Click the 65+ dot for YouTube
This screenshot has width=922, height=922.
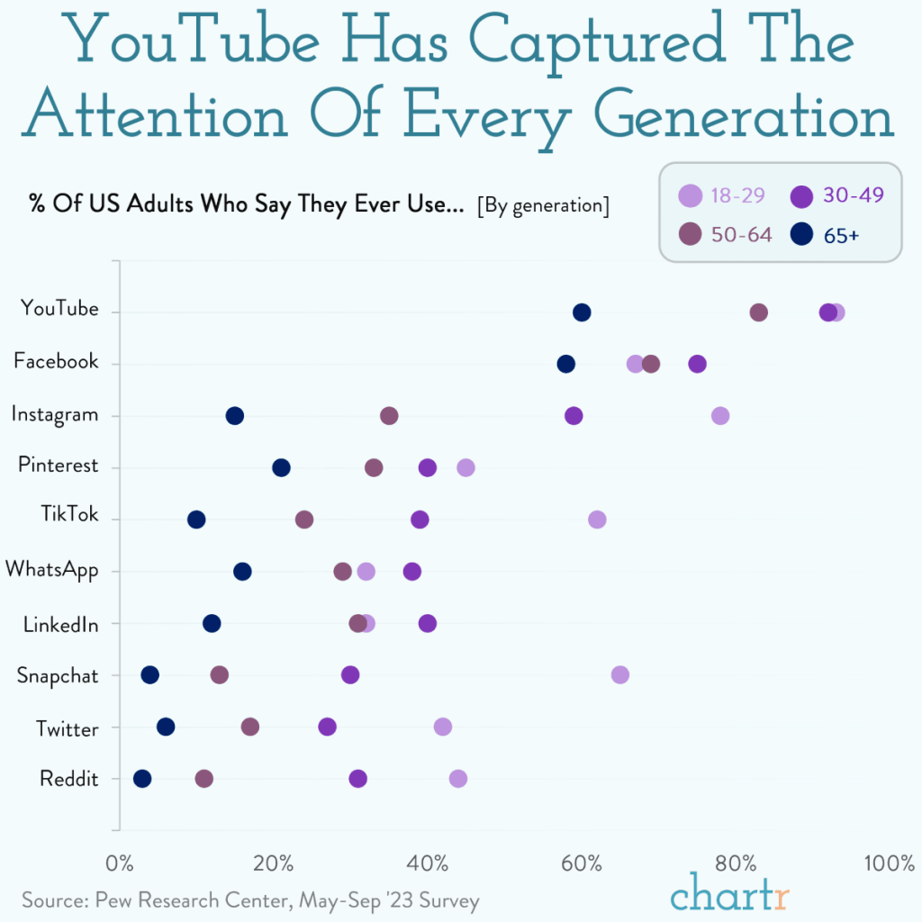coord(582,312)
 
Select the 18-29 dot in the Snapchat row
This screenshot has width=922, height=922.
coord(619,675)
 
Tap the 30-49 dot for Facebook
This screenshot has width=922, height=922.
coord(697,364)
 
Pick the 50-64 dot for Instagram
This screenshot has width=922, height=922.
coord(389,415)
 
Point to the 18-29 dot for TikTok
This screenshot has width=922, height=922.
coord(597,520)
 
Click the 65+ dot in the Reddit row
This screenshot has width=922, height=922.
coord(142,779)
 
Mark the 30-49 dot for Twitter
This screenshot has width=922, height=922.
coord(327,727)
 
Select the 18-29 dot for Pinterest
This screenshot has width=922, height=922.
coord(466,467)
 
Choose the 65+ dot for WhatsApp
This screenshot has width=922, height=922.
coord(242,572)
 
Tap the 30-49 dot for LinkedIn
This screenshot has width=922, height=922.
coord(428,623)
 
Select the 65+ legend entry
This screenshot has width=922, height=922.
coord(827,235)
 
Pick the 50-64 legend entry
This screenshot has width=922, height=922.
coord(726,235)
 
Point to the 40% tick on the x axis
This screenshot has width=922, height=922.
coord(428,863)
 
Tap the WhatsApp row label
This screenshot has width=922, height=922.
coord(51,571)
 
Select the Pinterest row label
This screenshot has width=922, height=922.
coord(58,466)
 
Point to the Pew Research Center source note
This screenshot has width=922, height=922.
coord(250,900)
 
